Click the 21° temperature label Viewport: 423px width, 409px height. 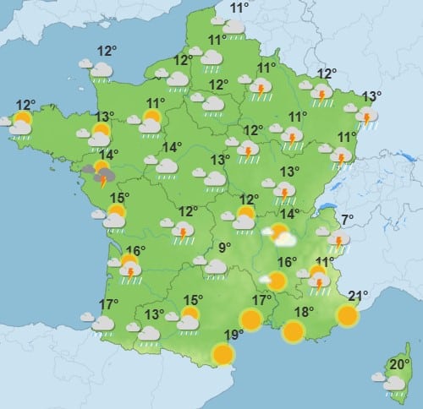(358, 296)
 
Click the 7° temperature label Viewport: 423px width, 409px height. (345, 221)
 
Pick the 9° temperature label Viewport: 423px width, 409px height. (225, 248)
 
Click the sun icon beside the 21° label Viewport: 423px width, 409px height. (347, 315)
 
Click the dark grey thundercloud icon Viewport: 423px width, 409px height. (101, 175)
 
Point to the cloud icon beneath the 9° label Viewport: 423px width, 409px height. (215, 267)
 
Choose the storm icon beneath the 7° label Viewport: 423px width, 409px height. (338, 242)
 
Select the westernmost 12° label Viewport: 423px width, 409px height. (24, 106)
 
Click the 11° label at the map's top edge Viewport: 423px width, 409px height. (239, 8)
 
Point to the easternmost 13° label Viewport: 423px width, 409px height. (371, 96)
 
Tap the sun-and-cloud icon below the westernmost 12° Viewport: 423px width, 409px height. (20, 123)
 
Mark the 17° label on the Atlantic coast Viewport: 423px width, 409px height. (108, 304)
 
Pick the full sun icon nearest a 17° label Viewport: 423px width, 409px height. (250, 319)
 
